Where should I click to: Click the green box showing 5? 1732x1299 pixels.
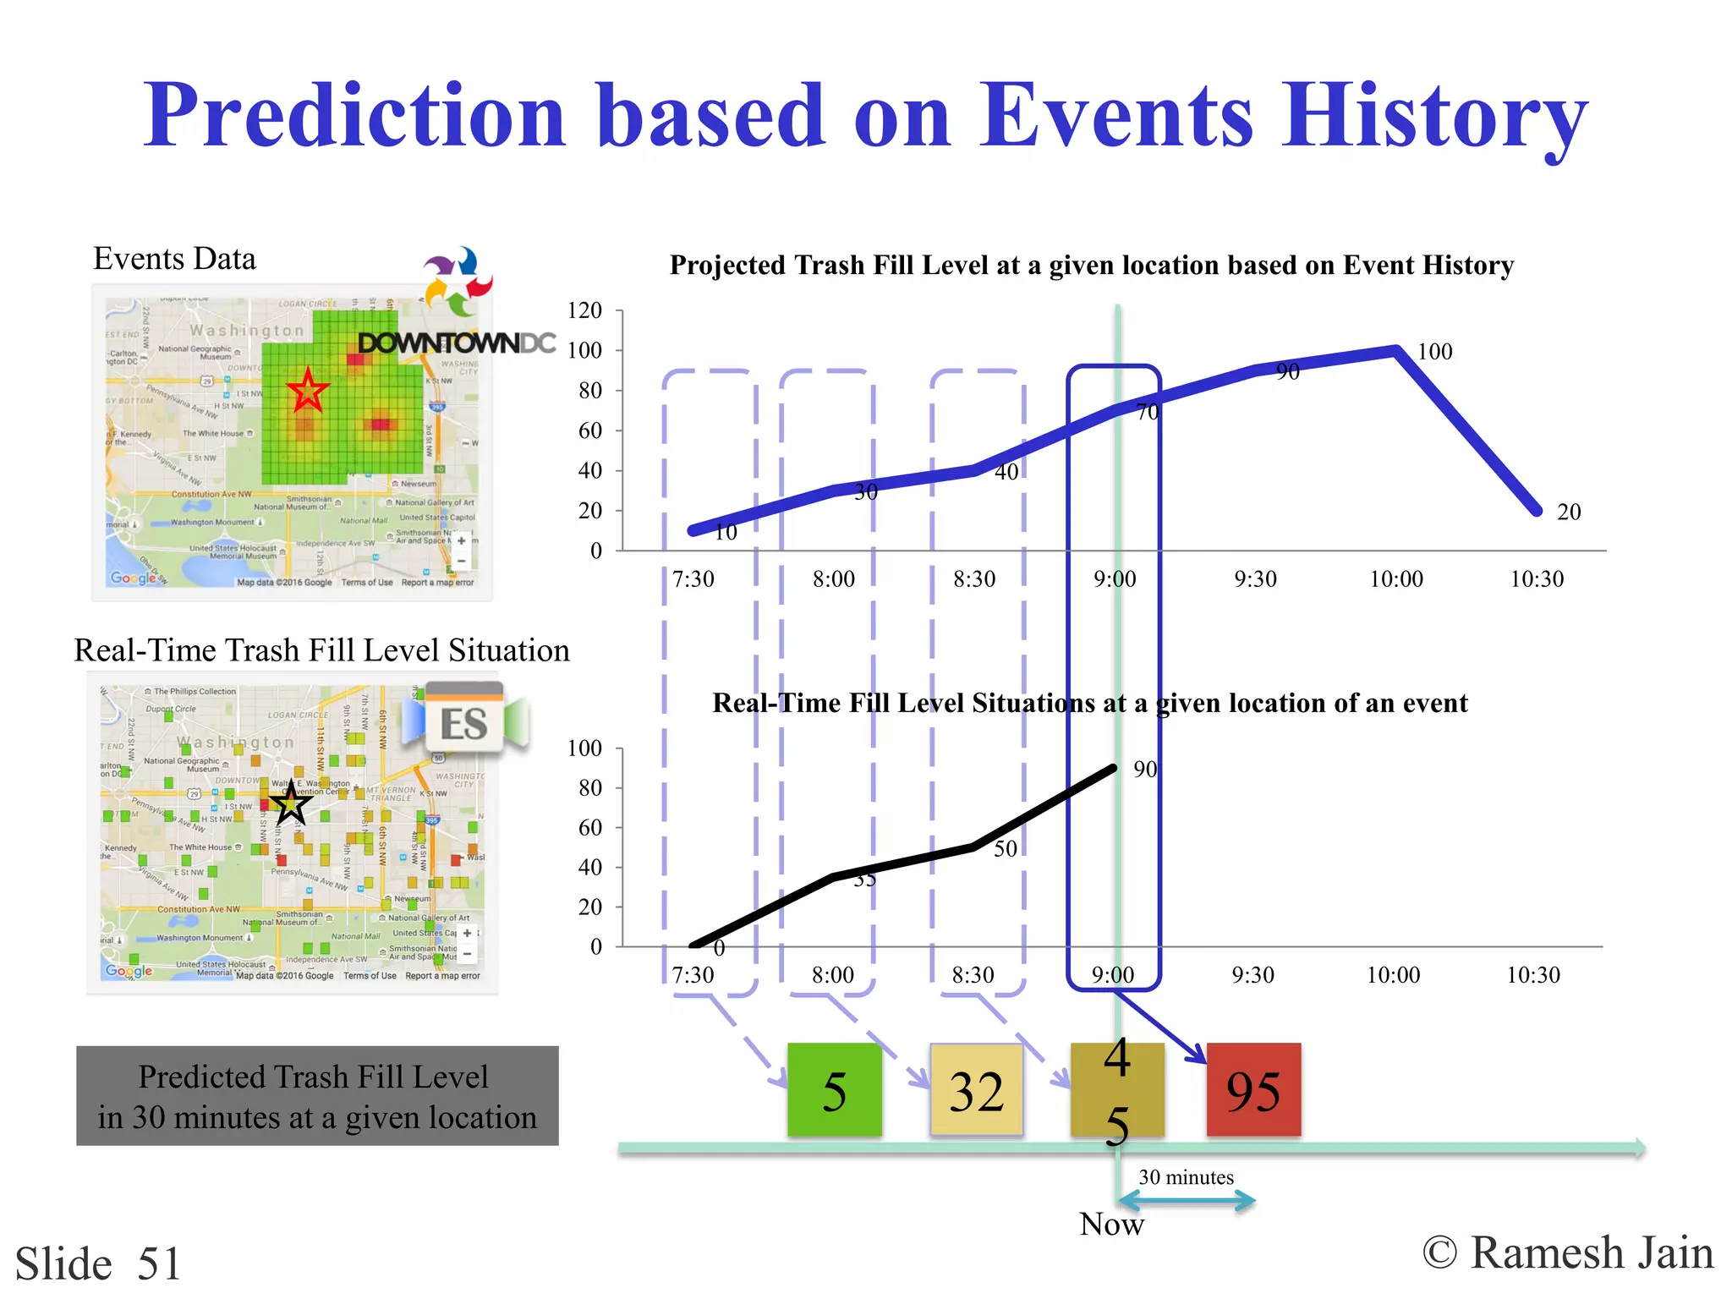pos(834,1090)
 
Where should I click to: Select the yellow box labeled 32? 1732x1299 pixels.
pos(976,1090)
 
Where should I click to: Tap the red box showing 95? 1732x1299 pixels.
pos(1253,1090)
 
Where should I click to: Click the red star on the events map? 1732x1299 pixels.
pos(307,391)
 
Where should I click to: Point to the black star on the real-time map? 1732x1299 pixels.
pos(290,803)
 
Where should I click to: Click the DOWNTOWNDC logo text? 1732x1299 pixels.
pos(457,343)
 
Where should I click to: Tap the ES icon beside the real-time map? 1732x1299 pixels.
pos(464,723)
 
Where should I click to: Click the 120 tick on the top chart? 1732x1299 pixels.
pos(584,310)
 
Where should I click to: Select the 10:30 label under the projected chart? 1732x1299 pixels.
pos(1537,579)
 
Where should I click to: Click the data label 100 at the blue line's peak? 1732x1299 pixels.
pos(1434,352)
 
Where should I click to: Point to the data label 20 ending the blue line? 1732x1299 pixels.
pos(1568,512)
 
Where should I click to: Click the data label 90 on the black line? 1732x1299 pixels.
pos(1144,770)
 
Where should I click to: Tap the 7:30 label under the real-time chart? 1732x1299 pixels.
pos(693,975)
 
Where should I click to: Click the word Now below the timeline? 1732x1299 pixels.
pos(1111,1225)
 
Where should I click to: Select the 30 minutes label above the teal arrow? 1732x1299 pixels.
pos(1186,1177)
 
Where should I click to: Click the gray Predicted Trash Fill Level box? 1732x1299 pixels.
pos(317,1096)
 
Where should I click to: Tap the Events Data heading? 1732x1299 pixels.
pos(174,259)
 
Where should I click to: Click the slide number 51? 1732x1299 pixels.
pos(159,1263)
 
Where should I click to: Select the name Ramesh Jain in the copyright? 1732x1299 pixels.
pos(1592,1252)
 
